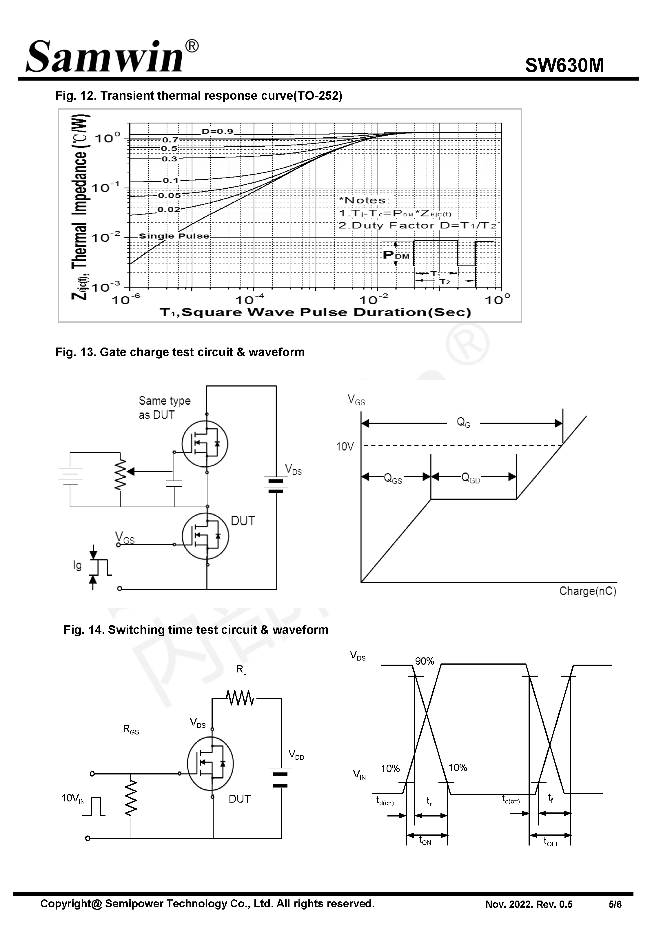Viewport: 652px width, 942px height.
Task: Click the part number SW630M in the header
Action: pos(564,65)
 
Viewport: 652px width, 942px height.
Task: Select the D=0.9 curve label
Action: pos(217,131)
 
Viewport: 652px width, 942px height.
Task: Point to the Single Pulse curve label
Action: pos(174,236)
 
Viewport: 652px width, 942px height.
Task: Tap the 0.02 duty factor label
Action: pos(169,210)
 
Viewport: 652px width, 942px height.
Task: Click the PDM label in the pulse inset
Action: pos(396,255)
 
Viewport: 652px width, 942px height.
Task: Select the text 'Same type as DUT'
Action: pos(164,407)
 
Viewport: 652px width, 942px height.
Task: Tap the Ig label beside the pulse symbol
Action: pos(77,565)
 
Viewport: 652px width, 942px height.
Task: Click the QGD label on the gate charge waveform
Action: pos(470,478)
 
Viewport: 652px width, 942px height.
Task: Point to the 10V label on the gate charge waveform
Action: pos(345,446)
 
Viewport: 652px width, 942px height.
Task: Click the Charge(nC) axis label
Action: pos(587,591)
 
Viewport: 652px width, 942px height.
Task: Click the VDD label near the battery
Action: pos(296,754)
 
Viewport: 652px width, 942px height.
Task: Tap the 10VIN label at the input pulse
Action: pos(73,799)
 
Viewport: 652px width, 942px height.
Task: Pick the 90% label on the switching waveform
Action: pos(425,661)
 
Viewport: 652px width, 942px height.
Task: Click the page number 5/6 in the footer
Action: pos(615,904)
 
